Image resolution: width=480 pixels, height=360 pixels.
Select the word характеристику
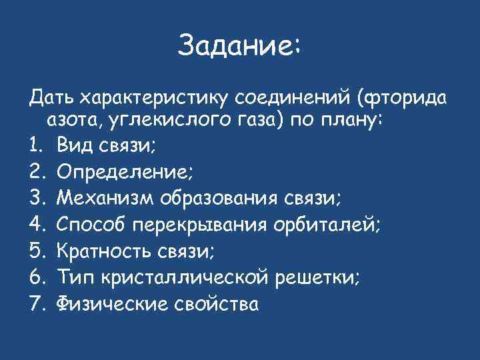pos(155,99)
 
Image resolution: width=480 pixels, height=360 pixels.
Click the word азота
pos(71,121)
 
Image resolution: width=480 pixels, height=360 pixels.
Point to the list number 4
pos(37,225)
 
